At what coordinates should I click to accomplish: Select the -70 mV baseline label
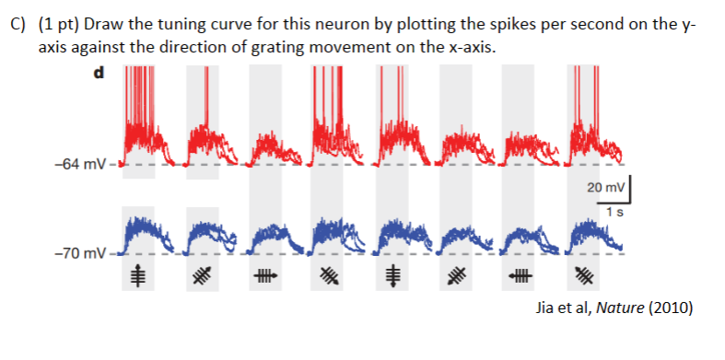tap(82, 251)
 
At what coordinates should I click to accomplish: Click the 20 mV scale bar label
tap(604, 188)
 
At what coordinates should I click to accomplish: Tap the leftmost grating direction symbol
tap(137, 274)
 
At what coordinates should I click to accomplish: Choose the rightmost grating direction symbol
tap(583, 274)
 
